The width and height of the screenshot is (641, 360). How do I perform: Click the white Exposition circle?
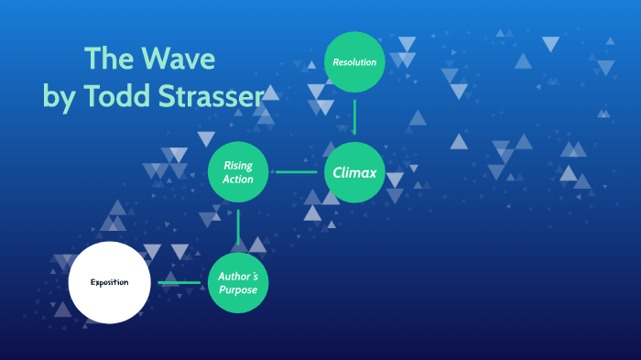[109, 282]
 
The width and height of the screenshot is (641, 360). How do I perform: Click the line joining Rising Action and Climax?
[296, 171]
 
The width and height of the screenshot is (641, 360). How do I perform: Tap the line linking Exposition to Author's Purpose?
[179, 282]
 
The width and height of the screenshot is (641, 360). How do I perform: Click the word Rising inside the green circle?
[238, 166]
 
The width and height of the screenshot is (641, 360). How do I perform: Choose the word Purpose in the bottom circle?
[238, 289]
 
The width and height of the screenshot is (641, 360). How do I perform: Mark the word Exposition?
[109, 282]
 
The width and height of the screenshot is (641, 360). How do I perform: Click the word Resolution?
[354, 62]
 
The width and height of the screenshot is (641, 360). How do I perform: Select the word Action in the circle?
[238, 179]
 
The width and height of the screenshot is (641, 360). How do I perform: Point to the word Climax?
[354, 172]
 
